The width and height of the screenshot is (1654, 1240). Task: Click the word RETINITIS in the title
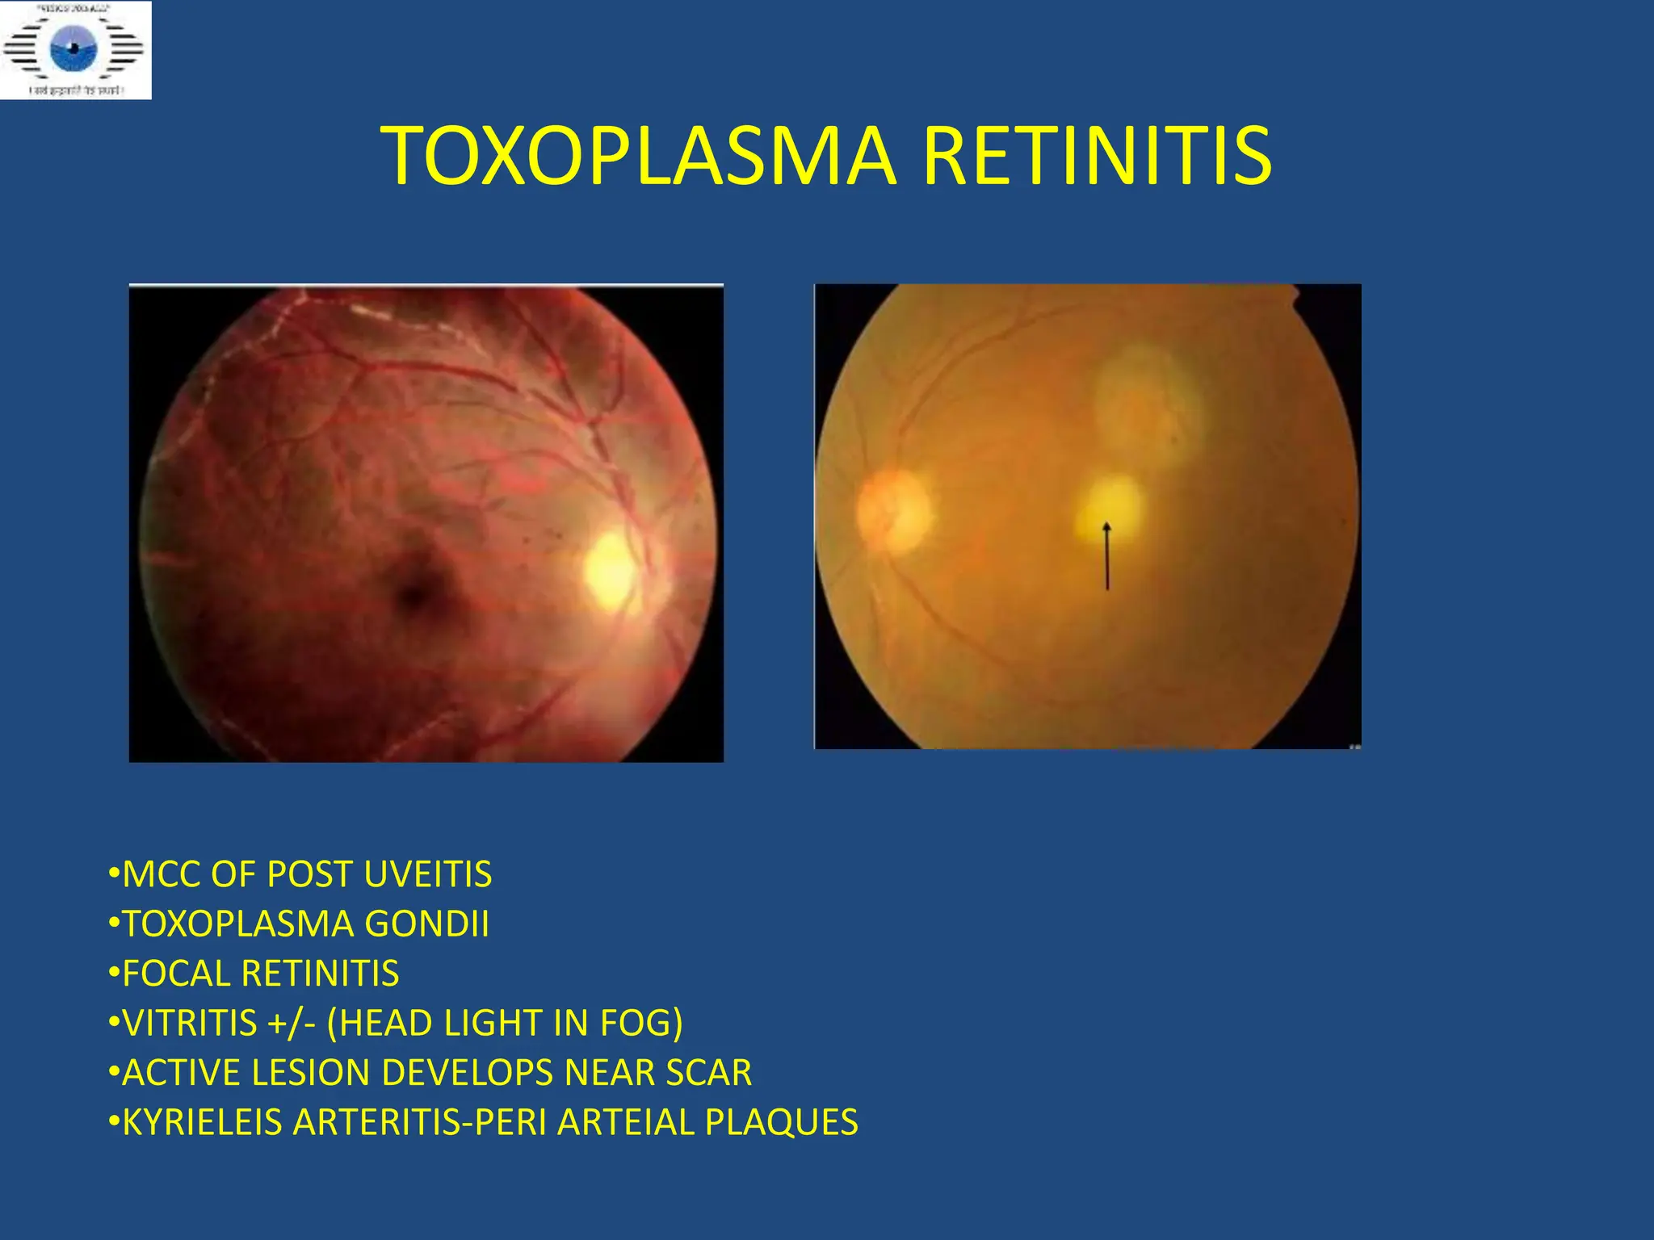(1096, 155)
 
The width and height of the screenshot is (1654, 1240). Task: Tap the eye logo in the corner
(74, 48)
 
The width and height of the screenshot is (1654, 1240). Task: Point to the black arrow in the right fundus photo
(1107, 557)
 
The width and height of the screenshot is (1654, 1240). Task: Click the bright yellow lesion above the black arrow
(1111, 505)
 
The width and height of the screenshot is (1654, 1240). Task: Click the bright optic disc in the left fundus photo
(611, 570)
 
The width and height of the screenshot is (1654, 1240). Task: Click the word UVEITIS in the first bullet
(428, 874)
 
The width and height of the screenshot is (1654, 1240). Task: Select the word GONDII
(427, 924)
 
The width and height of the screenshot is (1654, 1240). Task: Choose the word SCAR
(708, 1073)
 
